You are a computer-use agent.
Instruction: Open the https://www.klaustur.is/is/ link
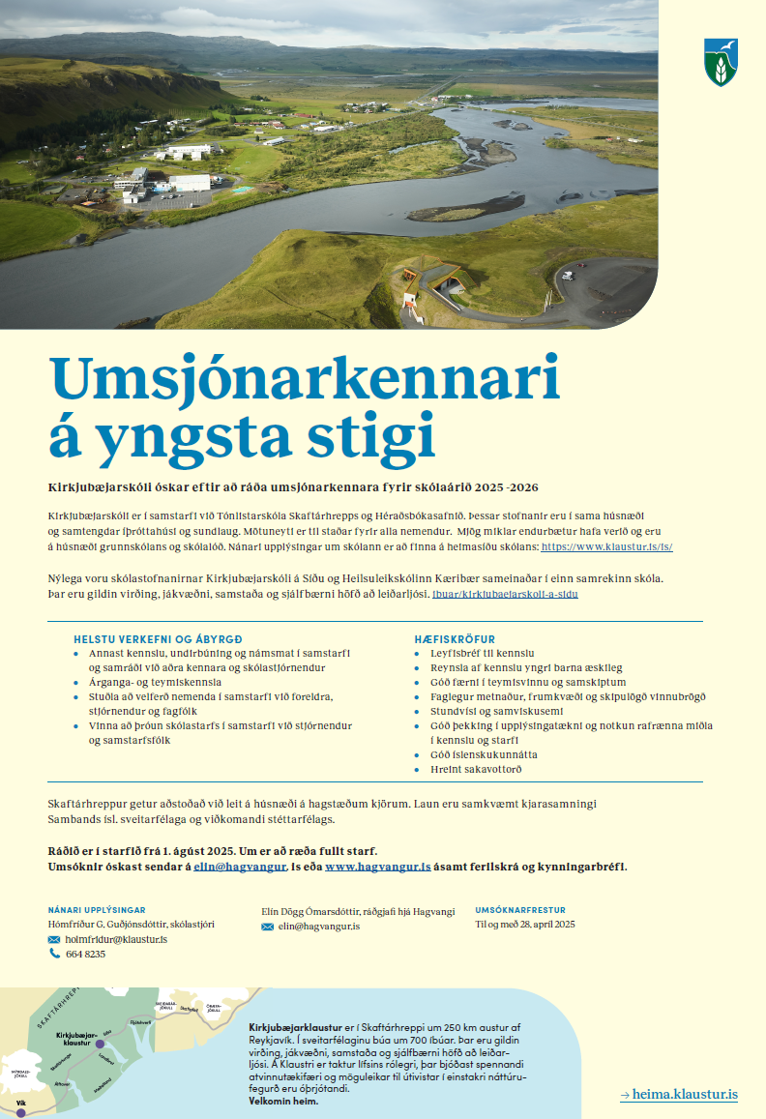[606, 546]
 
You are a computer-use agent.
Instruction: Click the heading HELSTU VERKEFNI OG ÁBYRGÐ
[158, 639]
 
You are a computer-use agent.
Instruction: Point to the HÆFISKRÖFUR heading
[455, 639]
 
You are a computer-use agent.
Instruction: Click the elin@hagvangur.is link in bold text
[239, 867]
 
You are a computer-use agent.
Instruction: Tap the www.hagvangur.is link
[377, 867]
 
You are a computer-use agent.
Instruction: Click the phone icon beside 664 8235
[54, 954]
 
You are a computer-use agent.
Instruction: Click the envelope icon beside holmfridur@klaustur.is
[54, 939]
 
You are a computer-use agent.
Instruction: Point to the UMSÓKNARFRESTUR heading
[519, 910]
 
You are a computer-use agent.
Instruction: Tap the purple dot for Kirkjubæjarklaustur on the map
[99, 1045]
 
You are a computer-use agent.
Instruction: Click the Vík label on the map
[20, 1103]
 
